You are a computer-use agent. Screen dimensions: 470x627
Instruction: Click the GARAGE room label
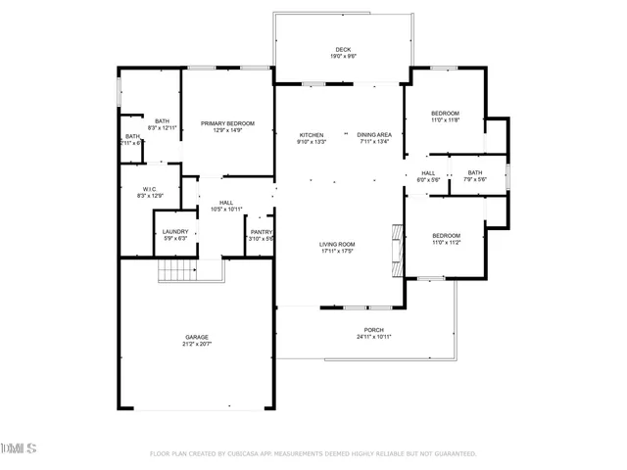[x=197, y=336]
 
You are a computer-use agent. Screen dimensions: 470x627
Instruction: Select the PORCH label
[x=373, y=330]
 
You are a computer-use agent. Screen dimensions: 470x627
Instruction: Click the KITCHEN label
[x=312, y=134]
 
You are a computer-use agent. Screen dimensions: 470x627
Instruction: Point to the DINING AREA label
[x=374, y=134]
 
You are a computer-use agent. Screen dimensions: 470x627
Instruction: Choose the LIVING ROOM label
[x=336, y=244]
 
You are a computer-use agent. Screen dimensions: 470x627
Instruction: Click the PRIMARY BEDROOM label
[x=227, y=123]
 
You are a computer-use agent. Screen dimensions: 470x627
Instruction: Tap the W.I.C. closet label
[x=150, y=189]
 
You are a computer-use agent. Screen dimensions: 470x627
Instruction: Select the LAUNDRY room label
[x=175, y=231]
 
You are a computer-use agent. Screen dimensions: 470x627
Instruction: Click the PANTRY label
[x=261, y=232]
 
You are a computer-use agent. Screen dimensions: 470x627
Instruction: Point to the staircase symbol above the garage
[x=178, y=270]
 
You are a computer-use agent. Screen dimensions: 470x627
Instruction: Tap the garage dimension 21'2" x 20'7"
[x=197, y=344]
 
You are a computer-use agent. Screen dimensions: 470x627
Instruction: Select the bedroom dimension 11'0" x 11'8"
[x=446, y=120]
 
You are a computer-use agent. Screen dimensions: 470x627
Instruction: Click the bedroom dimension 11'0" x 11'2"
[x=447, y=243]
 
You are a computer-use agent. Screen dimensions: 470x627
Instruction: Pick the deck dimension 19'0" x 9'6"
[x=342, y=57]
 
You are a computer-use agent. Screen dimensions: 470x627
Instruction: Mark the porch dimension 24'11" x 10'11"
[x=373, y=338]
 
